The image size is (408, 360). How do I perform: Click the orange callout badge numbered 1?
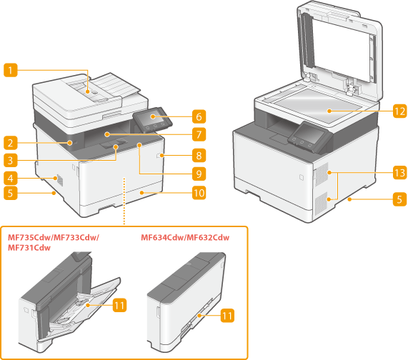tap(11, 70)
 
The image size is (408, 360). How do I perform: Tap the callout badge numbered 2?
tap(11, 143)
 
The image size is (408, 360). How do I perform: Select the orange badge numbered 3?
tap(11, 160)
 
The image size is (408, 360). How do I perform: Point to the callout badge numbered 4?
tap(11, 179)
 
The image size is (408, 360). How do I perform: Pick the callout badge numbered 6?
tap(199, 116)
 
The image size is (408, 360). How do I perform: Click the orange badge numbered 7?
tap(199, 134)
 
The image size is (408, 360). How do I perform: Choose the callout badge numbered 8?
tap(199, 156)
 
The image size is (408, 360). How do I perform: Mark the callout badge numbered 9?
tap(199, 174)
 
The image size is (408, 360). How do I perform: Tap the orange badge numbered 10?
tap(199, 193)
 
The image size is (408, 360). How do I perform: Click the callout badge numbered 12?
tap(399, 111)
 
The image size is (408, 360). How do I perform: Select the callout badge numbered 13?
tap(399, 173)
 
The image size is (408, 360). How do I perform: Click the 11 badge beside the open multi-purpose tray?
tap(120, 305)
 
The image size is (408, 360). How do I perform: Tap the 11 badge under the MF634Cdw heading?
tap(227, 316)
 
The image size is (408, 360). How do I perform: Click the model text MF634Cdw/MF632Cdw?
tap(185, 237)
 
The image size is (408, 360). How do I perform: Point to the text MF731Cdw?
tap(29, 248)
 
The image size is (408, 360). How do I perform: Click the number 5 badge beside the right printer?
tap(399, 199)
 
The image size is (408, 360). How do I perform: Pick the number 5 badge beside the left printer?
tap(11, 193)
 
